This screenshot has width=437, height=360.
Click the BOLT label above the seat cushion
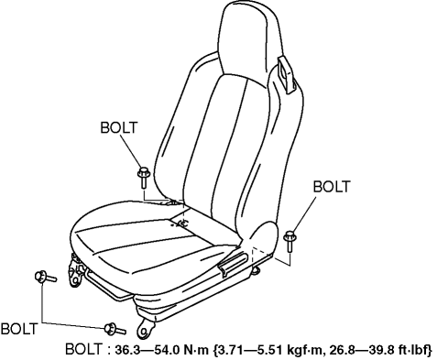119,127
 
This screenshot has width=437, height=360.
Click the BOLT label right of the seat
332,187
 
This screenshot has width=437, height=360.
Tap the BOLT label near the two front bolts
19,329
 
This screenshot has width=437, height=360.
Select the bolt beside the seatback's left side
143,177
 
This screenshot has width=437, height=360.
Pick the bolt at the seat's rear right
290,241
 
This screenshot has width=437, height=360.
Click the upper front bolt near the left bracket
45,277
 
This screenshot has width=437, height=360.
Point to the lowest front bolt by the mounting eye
115,329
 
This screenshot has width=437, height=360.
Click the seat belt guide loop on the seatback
287,74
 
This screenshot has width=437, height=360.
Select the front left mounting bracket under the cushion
76,271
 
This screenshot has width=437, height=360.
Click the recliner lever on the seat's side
233,262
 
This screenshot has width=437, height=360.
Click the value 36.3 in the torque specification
127,350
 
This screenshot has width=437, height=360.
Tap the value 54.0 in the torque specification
168,350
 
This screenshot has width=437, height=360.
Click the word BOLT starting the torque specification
83,349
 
